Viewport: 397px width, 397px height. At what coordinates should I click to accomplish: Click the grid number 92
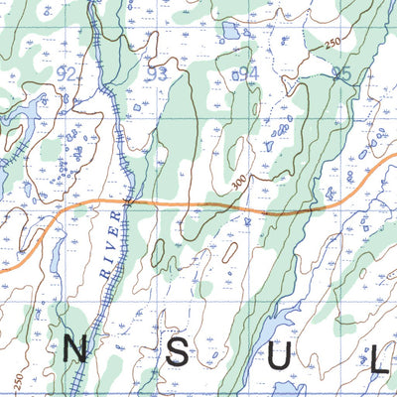(x=67, y=74)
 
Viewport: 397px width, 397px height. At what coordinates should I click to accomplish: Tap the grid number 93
(x=156, y=73)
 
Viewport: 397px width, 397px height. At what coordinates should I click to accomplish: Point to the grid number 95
(x=342, y=72)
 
